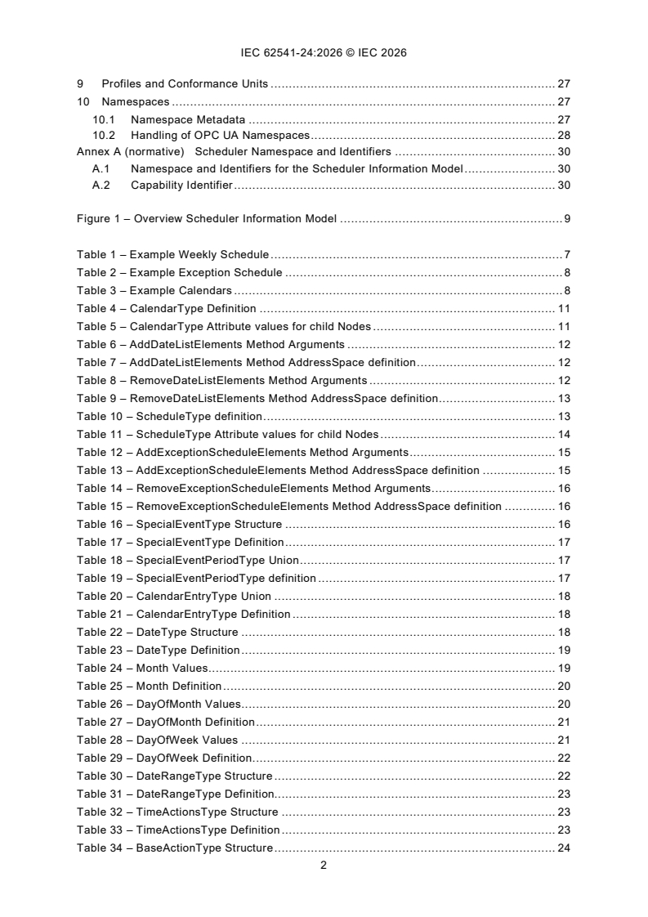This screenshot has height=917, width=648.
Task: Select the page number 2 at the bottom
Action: (x=324, y=866)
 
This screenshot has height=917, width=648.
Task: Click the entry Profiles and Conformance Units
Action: (x=185, y=83)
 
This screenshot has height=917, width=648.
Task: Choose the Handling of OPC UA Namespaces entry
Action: (x=221, y=135)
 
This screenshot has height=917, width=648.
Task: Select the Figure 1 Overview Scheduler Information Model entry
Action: (x=208, y=219)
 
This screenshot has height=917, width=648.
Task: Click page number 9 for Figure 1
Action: (x=566, y=219)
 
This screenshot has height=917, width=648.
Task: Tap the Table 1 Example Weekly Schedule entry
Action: (x=173, y=255)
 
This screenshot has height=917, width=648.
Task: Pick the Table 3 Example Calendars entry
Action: (x=154, y=291)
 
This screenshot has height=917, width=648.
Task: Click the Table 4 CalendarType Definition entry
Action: (x=167, y=309)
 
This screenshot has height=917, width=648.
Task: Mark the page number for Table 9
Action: (x=564, y=399)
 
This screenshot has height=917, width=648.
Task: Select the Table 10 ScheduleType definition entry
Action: (x=169, y=417)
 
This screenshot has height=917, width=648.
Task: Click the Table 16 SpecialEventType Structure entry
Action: (x=180, y=525)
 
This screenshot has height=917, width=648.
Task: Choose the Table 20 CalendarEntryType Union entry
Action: (x=174, y=597)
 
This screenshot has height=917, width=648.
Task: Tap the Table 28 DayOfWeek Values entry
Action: (x=158, y=740)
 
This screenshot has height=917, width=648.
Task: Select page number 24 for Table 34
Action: (x=564, y=848)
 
